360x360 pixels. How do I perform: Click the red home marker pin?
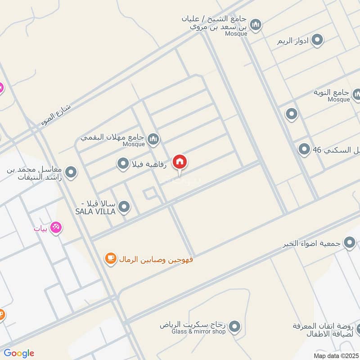click(180, 162)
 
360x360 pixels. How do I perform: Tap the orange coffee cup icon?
click(110, 258)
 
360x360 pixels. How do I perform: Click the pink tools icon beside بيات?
click(56, 228)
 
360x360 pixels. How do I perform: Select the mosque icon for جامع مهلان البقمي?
click(153, 139)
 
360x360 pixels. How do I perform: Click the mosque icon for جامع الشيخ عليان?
click(256, 24)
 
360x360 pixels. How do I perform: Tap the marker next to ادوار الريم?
click(317, 40)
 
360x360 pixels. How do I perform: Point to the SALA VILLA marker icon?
click(124, 207)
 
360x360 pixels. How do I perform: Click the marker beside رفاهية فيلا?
click(123, 164)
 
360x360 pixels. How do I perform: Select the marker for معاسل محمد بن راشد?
click(71, 172)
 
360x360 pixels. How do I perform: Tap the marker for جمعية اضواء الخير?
click(350, 243)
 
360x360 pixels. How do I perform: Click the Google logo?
click(19, 353)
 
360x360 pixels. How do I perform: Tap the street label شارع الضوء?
click(57, 116)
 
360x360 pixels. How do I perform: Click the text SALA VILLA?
click(95, 211)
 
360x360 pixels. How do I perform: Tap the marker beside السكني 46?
click(305, 149)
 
